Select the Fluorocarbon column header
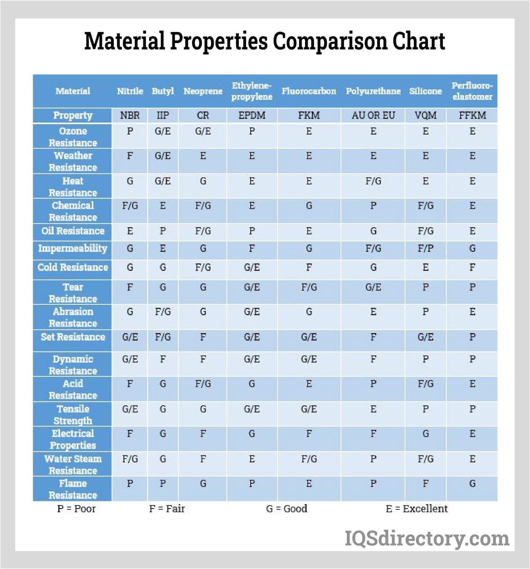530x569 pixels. pos(309,91)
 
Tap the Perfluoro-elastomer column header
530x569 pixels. pos(472,91)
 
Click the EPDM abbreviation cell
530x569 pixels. pos(252,115)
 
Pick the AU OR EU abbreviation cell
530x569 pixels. pos(373,115)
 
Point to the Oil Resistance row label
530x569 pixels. pos(73,231)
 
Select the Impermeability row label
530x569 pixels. pos(73,249)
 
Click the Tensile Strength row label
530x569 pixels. pos(73,415)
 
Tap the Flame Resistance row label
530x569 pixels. pos(73,489)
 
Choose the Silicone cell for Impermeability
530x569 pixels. pos(425,249)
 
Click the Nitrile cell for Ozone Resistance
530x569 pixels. pos(130,131)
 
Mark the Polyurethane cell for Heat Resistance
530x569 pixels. pos(373,181)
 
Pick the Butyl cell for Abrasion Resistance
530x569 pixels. pos(163,312)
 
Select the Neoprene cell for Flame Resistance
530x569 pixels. pos(203,484)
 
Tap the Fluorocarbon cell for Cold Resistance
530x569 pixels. pos(309,267)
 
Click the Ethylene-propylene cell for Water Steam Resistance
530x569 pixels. pos(252,459)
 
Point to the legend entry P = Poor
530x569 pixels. pos(76,509)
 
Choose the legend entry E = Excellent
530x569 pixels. pos(416,509)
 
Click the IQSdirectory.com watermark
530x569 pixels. pos(427,538)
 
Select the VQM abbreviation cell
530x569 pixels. pos(425,115)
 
